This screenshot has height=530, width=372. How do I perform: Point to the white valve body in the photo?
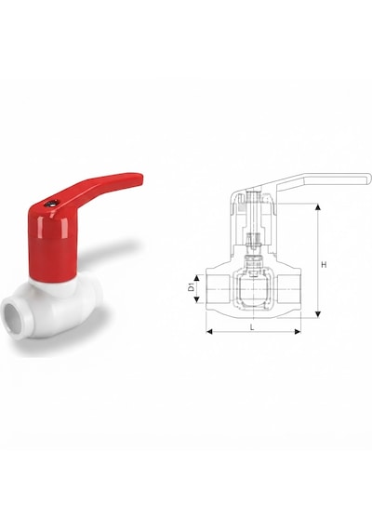coord(54,310)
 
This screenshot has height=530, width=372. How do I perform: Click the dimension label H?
coord(324,264)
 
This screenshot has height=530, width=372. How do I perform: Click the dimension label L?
coord(252,326)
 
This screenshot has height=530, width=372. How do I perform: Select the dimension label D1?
coord(191,288)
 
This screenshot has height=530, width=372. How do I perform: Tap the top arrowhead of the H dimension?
coord(317,206)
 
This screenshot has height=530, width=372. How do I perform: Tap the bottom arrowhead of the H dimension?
coord(317,314)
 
